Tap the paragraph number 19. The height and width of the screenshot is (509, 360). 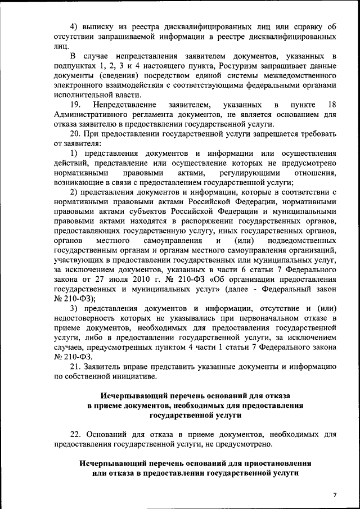tap(75, 105)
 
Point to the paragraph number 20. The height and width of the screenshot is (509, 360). tap(75, 134)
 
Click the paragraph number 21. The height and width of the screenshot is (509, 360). tap(75, 367)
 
